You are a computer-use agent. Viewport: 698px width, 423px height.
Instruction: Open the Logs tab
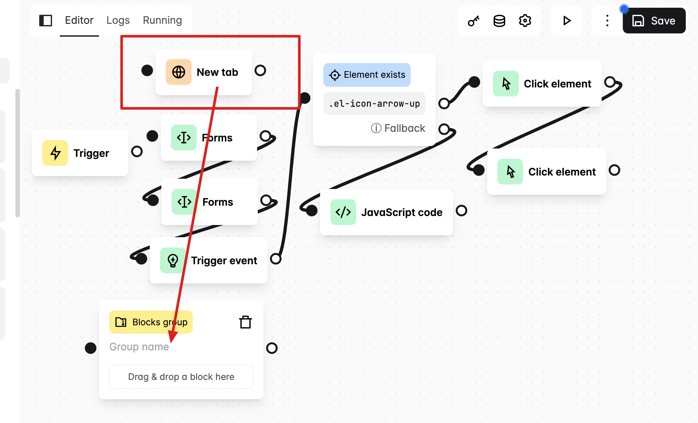coord(118,20)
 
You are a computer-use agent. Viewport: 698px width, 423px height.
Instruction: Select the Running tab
coord(162,20)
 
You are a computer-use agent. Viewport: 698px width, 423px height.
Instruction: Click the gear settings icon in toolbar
coord(525,21)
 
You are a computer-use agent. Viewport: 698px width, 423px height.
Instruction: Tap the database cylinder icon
coord(499,21)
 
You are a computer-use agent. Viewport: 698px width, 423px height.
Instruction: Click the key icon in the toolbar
coord(473,21)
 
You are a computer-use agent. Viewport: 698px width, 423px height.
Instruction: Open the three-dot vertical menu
coord(607,21)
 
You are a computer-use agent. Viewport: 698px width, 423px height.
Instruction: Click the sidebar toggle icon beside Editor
coord(46,21)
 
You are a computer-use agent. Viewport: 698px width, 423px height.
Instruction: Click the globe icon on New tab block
coord(178,72)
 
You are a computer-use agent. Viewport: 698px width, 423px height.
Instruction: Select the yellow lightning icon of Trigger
coord(55,153)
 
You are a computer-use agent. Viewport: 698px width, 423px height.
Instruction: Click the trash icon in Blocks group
coord(246,322)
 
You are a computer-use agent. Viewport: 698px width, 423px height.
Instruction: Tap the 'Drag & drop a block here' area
coord(181,377)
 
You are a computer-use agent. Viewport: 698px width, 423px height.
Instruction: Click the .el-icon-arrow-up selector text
coord(374,104)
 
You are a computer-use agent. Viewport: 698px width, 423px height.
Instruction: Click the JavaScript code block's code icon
coord(343,212)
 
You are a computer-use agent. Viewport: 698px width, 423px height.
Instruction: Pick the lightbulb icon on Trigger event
coord(173,260)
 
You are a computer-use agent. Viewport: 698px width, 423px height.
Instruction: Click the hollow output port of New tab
coord(260,70)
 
